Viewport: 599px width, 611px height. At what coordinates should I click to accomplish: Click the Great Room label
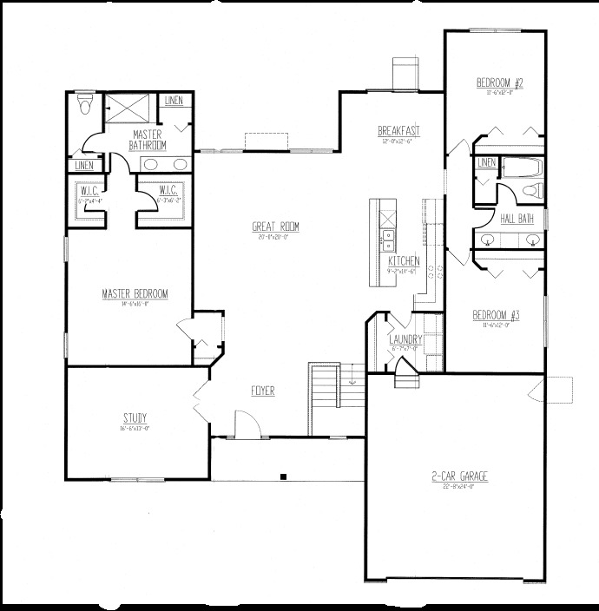(276, 227)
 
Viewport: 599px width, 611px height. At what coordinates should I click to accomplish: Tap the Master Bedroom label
(134, 293)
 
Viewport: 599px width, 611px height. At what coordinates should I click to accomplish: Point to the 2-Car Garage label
(459, 476)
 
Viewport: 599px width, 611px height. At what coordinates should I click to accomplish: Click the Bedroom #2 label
(498, 83)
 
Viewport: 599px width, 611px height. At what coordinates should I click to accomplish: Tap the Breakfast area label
(399, 131)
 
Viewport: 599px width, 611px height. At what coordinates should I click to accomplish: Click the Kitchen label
(404, 260)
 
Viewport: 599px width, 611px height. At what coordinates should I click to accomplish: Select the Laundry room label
(405, 338)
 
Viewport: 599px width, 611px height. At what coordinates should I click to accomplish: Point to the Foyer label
(263, 391)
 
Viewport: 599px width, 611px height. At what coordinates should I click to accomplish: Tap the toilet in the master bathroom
(83, 108)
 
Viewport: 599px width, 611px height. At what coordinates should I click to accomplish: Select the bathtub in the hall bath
(520, 167)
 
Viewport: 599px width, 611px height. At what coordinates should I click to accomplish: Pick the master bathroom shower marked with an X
(126, 108)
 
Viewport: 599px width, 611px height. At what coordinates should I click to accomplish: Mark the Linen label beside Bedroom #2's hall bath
(486, 162)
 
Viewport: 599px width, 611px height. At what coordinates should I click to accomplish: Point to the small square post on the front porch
(285, 475)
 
